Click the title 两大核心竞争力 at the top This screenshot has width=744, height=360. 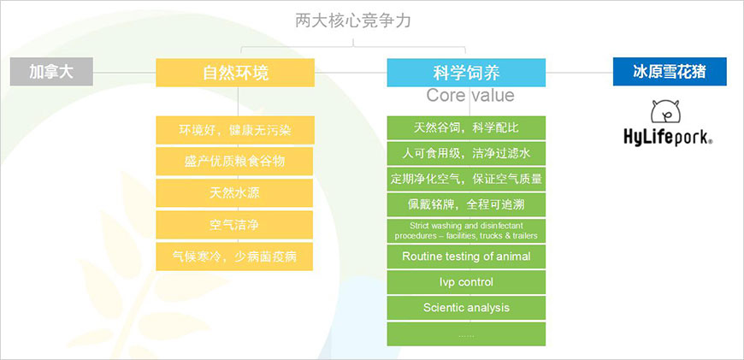(352, 20)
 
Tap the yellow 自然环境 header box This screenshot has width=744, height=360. (235, 73)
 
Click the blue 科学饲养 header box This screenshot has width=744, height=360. (466, 72)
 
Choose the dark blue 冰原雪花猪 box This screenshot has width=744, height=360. (669, 72)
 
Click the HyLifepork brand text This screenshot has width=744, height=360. (668, 137)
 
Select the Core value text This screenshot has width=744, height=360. (470, 95)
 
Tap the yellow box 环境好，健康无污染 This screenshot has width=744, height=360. (234, 130)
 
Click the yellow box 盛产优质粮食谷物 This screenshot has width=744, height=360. (234, 161)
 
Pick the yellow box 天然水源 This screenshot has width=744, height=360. (234, 192)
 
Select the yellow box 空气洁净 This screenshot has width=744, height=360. (234, 225)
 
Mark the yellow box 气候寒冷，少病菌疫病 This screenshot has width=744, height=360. (234, 257)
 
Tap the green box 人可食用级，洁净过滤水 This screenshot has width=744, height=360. (466, 153)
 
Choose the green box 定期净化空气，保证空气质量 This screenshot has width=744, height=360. (466, 179)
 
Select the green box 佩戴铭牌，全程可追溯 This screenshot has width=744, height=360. (466, 204)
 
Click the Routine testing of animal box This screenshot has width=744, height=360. (466, 256)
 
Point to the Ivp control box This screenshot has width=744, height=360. (466, 281)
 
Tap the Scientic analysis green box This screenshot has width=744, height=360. (466, 307)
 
